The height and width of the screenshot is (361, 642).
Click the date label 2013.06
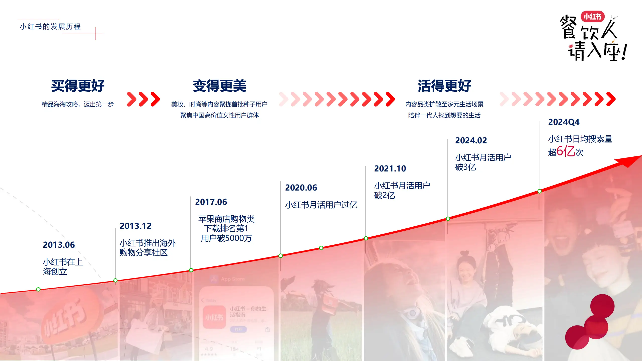(x=59, y=245)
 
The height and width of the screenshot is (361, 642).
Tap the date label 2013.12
(x=135, y=226)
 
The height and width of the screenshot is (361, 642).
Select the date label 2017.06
(x=211, y=202)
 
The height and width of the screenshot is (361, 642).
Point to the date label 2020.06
(x=301, y=188)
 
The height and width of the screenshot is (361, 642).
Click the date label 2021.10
(x=390, y=168)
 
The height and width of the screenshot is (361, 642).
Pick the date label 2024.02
(x=471, y=140)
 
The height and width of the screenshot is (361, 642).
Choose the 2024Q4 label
(x=564, y=122)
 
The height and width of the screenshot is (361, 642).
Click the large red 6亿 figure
(x=566, y=151)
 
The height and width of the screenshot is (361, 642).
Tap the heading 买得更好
(x=78, y=86)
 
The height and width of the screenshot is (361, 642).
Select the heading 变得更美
(x=219, y=86)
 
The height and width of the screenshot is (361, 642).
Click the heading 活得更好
(x=444, y=86)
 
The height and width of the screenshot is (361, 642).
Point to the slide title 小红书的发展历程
(x=50, y=27)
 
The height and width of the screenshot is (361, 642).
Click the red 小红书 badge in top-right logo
(x=592, y=17)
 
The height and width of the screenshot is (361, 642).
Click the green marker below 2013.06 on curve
(x=38, y=289)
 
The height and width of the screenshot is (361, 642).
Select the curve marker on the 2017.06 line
(x=191, y=270)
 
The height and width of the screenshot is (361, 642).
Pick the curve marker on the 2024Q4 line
(x=539, y=191)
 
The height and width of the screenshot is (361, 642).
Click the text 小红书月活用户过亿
(x=321, y=205)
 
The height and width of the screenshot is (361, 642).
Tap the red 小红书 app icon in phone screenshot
(x=214, y=317)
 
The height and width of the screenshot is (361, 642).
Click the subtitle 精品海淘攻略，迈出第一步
(x=77, y=104)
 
